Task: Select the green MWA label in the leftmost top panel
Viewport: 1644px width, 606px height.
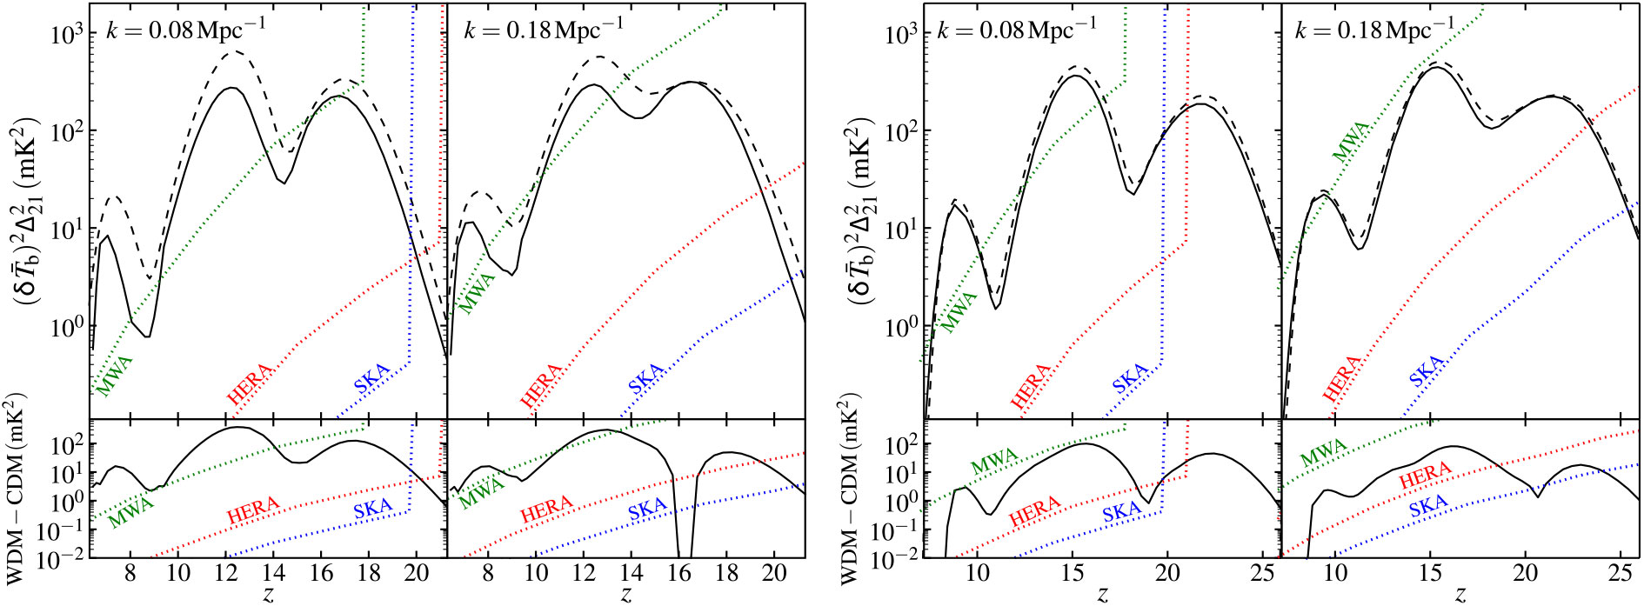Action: click(x=114, y=375)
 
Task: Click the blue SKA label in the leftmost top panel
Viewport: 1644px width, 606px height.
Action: click(x=371, y=379)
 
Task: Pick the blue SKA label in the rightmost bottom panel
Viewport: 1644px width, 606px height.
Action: click(x=1428, y=505)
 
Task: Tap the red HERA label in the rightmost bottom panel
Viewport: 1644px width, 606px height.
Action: click(x=1425, y=476)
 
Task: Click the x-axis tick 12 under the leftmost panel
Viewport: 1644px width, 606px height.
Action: click(x=225, y=575)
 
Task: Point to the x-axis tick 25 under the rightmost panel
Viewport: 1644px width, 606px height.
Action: click(x=1619, y=575)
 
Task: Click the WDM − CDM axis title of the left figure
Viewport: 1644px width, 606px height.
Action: click(x=17, y=490)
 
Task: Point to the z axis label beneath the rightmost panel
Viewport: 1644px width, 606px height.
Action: click(x=1460, y=596)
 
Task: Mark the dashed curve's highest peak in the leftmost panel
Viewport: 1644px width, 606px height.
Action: click(x=234, y=52)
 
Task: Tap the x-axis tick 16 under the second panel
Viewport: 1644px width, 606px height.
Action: click(x=678, y=575)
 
